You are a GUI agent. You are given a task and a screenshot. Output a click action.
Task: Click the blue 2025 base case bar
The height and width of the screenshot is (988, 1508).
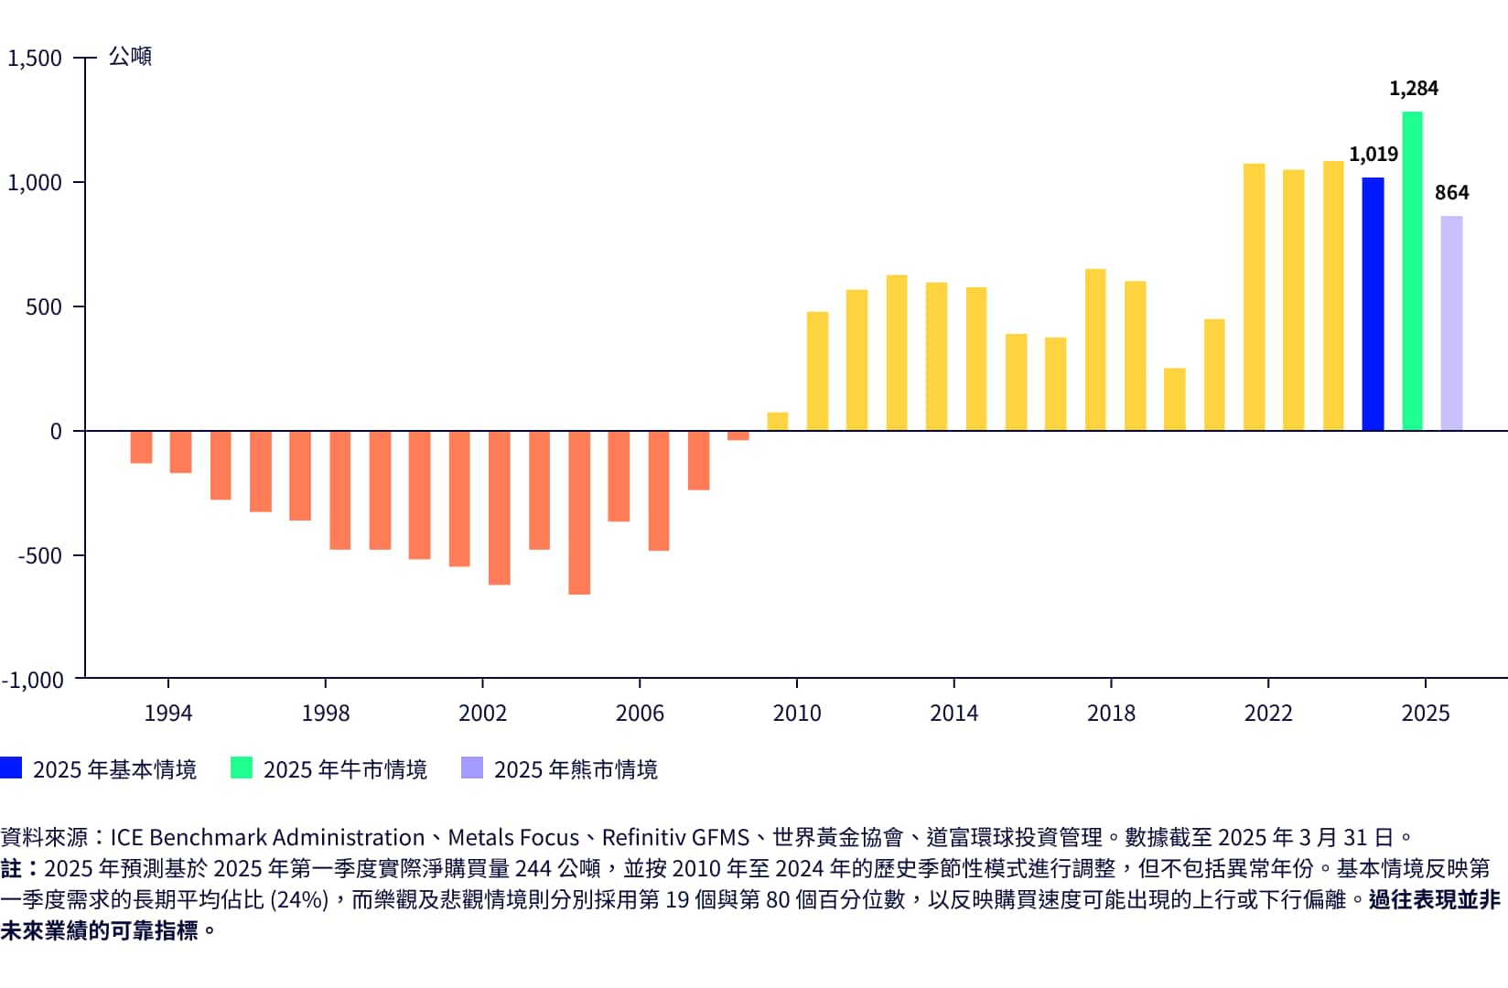(1373, 304)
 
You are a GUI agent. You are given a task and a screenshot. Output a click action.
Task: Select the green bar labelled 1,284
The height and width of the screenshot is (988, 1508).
(1412, 271)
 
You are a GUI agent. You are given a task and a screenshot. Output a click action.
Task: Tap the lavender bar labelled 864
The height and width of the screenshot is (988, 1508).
(1451, 323)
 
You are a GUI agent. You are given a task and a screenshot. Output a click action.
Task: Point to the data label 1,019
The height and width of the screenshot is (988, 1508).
(1373, 155)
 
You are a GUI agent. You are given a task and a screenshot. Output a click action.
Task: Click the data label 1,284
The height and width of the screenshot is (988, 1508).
(1413, 89)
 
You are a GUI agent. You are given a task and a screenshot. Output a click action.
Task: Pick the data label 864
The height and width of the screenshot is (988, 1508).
(1451, 193)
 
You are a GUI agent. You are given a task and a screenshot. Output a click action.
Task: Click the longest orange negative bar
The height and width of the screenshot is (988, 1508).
(579, 512)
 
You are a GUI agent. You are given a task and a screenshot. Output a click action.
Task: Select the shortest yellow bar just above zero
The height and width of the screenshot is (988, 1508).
(777, 421)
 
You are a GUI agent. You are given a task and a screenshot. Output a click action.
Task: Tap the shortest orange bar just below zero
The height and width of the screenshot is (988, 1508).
(738, 435)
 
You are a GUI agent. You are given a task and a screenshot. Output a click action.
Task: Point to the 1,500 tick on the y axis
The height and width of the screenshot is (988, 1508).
(35, 59)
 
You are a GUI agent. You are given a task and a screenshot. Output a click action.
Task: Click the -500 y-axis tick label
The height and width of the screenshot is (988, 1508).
(39, 555)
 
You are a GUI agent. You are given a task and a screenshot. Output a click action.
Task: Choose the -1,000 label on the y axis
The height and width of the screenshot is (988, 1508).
(33, 680)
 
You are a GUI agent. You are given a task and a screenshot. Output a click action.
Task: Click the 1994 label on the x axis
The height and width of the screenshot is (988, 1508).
(168, 713)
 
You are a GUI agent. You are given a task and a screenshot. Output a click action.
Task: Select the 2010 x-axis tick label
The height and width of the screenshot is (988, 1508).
(796, 713)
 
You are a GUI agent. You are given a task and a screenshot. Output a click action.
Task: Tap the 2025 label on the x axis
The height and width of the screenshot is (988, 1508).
(1425, 713)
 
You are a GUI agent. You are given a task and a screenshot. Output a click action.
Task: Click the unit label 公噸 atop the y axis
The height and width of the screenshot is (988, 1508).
(130, 57)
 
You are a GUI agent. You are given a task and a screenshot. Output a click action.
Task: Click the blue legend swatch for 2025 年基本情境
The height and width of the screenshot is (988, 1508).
(11, 768)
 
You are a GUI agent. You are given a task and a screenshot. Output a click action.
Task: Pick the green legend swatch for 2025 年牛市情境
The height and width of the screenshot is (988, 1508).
(242, 768)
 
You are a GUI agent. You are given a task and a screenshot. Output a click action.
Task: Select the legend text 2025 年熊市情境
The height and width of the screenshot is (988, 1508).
(576, 769)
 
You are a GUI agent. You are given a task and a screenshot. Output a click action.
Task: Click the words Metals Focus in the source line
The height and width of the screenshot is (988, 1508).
(513, 837)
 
